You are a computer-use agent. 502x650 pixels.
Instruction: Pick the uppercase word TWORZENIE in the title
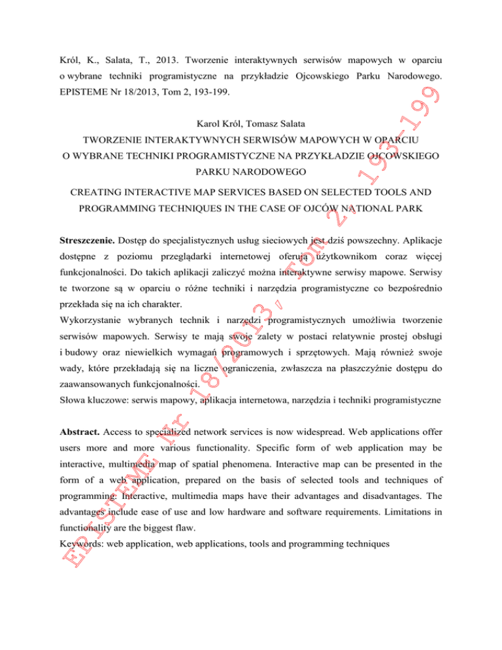pos(113,141)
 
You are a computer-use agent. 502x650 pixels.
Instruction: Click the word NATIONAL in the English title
pos(375,211)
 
